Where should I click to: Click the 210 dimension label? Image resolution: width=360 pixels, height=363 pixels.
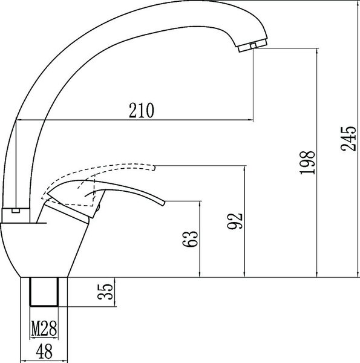tap(141, 110)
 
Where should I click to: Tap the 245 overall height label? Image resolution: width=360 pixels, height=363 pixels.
tap(348, 139)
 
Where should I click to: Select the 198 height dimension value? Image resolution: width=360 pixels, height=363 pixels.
tap(307, 163)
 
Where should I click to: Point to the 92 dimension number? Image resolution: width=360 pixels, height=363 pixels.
tap(235, 221)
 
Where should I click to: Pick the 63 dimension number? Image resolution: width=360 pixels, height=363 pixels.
tap(191, 239)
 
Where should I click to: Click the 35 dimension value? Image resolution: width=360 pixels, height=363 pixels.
tap(105, 292)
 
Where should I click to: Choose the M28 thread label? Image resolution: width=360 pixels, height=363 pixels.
tap(44, 329)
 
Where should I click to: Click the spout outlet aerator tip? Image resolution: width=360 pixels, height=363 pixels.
tap(252, 46)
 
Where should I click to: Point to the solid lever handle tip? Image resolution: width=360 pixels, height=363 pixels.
tap(164, 203)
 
